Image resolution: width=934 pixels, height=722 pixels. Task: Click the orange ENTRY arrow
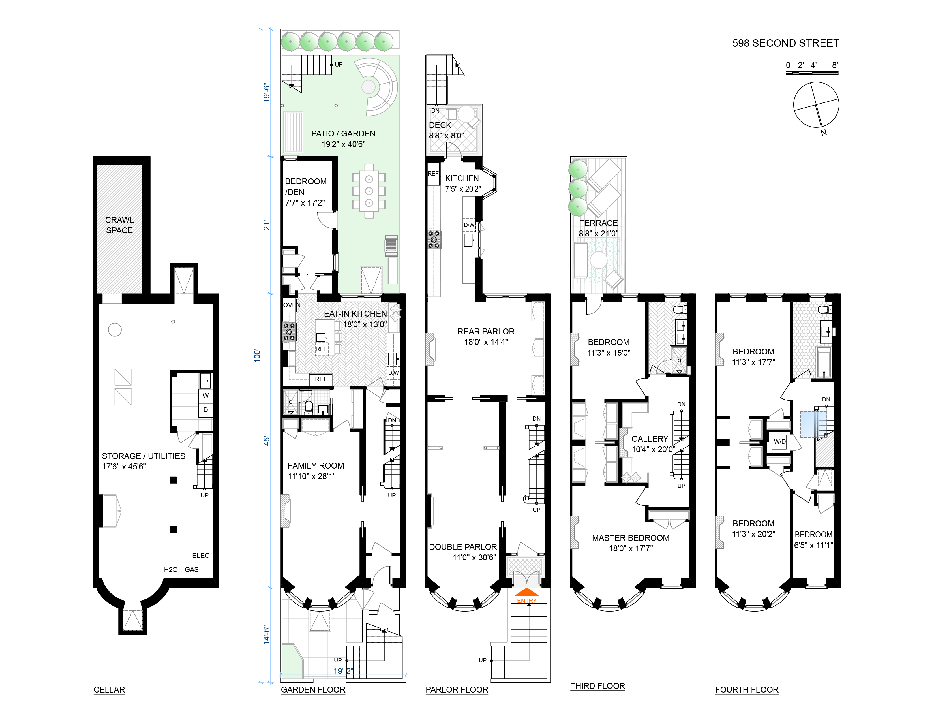pos(527,592)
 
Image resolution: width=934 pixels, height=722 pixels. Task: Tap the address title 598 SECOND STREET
pos(786,43)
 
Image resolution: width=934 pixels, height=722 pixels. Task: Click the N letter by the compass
pos(823,133)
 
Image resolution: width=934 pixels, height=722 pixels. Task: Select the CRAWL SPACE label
pos(119,225)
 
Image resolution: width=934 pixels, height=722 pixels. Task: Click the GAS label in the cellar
pos(192,569)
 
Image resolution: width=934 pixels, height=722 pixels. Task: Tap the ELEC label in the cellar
pos(201,555)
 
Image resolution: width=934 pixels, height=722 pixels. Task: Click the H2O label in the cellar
pos(171,569)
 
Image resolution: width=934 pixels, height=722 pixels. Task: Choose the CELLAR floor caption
pos(109,689)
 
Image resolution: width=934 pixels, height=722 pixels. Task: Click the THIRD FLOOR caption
pos(597,686)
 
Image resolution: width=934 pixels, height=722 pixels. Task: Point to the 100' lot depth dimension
pos(257,355)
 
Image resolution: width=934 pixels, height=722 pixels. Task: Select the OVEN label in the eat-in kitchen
pos(292,305)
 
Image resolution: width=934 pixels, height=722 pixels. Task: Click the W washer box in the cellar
pos(206,396)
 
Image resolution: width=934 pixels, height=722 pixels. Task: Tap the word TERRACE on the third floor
pos(598,223)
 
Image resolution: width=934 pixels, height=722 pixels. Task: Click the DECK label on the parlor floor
pos(440,125)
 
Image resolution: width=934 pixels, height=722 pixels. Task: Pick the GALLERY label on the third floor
pos(650,438)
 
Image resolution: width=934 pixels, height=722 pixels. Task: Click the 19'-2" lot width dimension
pos(343,671)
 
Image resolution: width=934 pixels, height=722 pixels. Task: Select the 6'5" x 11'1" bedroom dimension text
pos(813,545)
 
